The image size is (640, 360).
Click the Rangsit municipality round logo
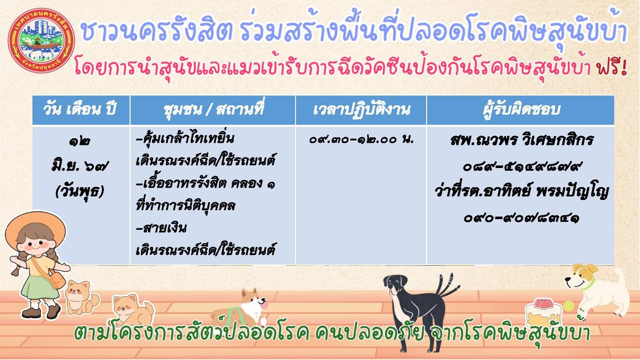click(x=41, y=40)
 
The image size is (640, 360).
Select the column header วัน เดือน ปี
click(x=80, y=109)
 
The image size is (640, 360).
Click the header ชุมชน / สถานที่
click(x=213, y=108)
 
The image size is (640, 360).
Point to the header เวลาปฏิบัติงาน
click(x=362, y=110)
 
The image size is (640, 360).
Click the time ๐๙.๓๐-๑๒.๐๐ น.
click(x=362, y=140)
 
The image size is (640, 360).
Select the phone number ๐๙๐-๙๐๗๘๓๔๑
click(x=521, y=219)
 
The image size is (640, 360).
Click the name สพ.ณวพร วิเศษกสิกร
click(x=521, y=140)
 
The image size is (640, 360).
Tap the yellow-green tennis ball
click(x=568, y=306)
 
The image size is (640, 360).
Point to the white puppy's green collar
click(x=588, y=284)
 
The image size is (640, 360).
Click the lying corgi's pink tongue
click(x=264, y=305)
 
